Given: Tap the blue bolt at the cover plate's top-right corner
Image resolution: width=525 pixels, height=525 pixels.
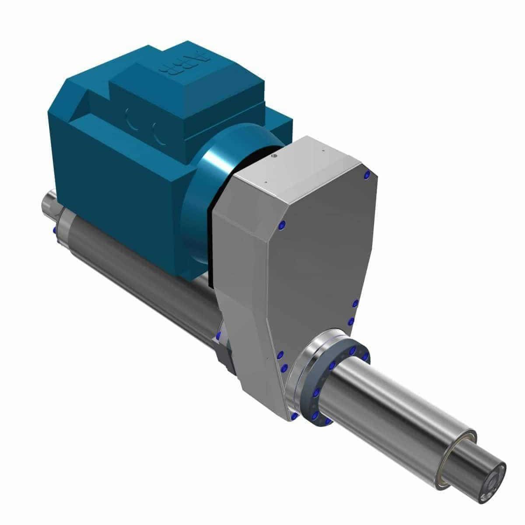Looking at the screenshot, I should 367,175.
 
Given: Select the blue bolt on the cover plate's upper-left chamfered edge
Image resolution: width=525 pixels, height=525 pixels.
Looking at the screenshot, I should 281,225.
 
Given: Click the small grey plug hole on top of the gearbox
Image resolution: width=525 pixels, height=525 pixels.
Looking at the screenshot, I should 274,155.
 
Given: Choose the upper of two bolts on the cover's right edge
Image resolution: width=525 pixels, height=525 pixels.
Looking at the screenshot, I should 355,303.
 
